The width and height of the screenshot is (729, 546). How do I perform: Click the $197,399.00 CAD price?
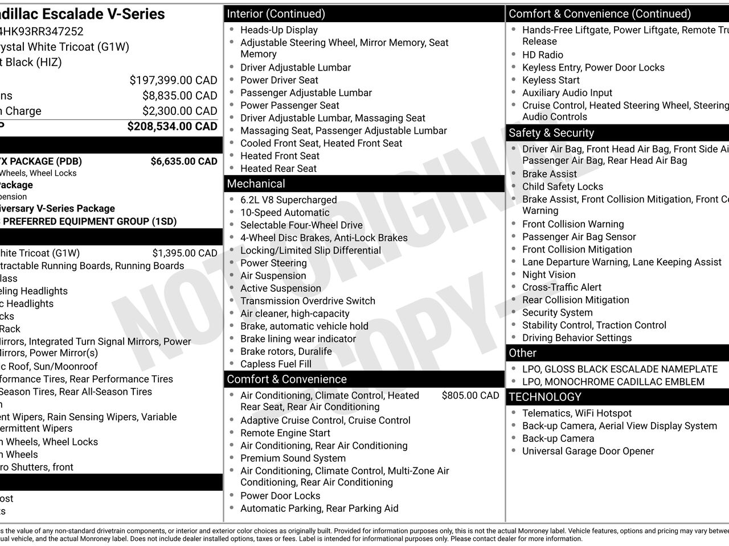click(173, 81)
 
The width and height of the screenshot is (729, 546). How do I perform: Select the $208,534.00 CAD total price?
click(172, 126)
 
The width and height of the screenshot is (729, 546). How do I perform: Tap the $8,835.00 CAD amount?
click(179, 96)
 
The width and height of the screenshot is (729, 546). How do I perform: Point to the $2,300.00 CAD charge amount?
click(179, 111)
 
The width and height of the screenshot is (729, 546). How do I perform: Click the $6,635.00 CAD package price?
click(183, 162)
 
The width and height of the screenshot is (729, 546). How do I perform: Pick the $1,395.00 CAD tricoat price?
click(185, 254)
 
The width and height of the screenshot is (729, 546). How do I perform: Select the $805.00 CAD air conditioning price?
click(470, 396)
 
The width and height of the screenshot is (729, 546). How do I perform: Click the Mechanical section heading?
click(256, 184)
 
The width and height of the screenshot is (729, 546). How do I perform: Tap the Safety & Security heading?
click(551, 133)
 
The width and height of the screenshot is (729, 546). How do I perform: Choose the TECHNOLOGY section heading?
click(545, 397)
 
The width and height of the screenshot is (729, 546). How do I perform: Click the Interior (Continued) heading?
click(276, 14)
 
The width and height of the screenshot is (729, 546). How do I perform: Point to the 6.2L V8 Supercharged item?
click(288, 200)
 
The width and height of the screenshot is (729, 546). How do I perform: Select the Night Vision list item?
click(548, 275)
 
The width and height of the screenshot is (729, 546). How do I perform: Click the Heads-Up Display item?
click(279, 30)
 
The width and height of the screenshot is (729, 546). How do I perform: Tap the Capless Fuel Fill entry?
click(276, 364)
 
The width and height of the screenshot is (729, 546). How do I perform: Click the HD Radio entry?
click(542, 55)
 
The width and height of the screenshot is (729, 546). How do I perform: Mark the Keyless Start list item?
click(551, 80)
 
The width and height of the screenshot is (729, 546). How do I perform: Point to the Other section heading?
click(523, 353)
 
